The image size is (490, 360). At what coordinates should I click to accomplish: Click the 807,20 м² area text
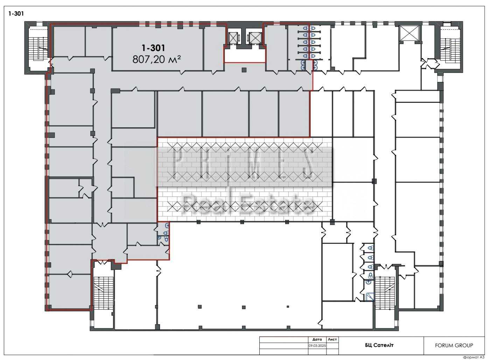pos(157,59)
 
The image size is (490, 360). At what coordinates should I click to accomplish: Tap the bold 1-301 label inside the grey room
pos(153,48)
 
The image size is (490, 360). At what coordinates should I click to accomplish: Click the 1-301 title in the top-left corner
pos(16,14)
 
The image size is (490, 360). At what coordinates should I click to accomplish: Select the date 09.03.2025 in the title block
pos(317,346)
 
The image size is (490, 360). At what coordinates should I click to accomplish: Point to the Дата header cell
pos(317,340)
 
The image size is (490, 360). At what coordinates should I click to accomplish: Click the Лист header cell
pos(332,339)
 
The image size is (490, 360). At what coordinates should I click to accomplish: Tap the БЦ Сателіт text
pos(379,345)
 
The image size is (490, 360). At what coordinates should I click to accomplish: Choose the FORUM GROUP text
pos(454,345)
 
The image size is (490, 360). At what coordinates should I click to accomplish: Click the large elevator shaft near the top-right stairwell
pos(409,33)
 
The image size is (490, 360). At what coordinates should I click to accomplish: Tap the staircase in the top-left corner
pos(38,49)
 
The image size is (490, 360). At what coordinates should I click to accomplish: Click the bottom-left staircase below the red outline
pos(104,293)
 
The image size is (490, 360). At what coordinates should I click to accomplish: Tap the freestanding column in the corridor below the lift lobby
pos(244,70)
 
